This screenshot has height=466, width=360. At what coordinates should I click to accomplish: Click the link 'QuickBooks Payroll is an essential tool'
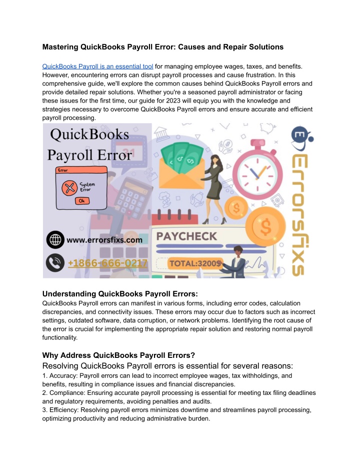click(97, 66)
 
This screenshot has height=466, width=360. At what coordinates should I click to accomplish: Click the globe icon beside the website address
click(55, 240)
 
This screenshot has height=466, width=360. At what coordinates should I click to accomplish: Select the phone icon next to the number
click(55, 263)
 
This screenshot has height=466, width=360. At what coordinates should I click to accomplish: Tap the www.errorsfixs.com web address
click(104, 240)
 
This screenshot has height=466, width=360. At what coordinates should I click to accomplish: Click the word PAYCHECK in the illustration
click(186, 235)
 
